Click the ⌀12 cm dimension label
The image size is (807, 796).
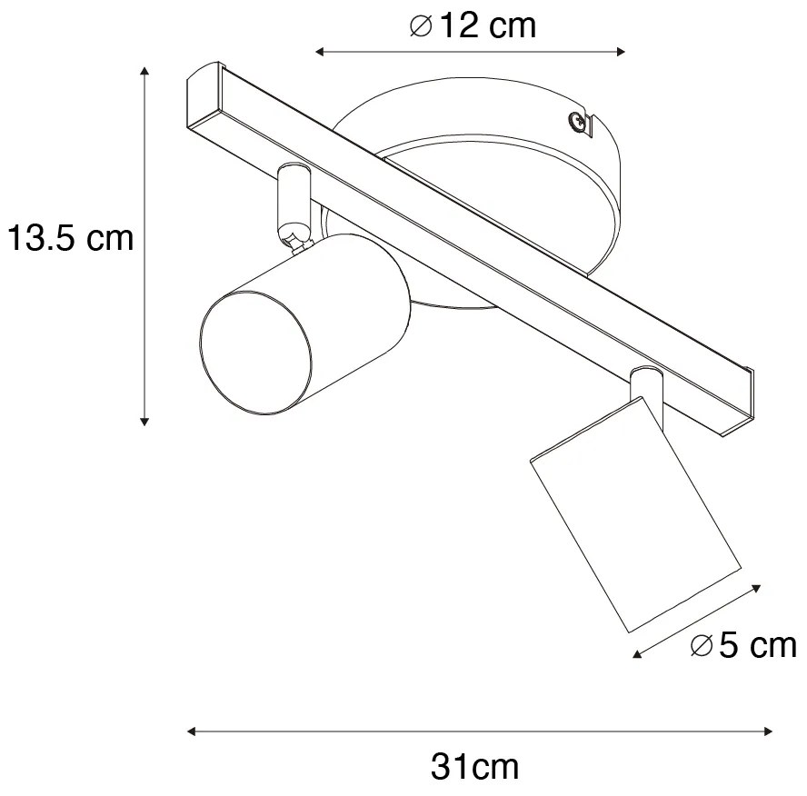473,26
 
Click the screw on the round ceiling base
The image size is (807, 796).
574,120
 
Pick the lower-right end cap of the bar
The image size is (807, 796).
739,400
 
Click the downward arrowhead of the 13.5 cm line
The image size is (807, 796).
144,420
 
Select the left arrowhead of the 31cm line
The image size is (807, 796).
192,730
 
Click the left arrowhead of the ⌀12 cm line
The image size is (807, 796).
320,52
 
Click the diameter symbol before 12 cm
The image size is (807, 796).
421,27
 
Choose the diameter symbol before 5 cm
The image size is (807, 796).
701,646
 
